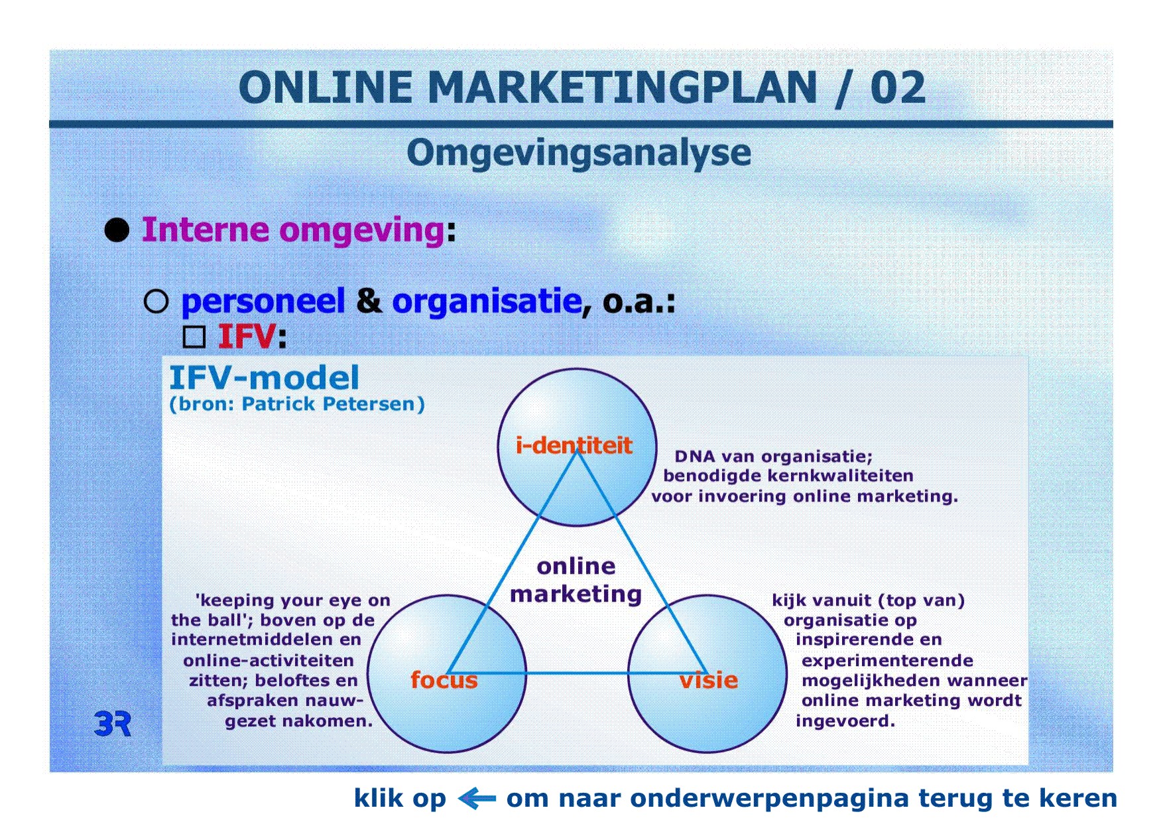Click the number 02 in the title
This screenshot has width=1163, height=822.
tap(898, 88)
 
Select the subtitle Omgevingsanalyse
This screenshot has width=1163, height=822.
tap(579, 153)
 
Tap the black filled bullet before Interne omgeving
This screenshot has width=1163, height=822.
tap(117, 230)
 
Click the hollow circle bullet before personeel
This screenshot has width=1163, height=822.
tap(156, 302)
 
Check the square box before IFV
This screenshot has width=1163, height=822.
tap(194, 336)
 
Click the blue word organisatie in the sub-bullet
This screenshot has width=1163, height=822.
tap(487, 301)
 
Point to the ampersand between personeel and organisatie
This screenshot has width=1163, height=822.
tap(369, 301)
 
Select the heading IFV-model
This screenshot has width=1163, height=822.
tap(264, 377)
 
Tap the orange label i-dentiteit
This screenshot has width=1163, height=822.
tap(574, 445)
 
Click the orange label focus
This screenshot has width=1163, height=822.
tap(444, 680)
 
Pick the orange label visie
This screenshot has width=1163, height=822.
tap(708, 680)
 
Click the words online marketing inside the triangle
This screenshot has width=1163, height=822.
tap(576, 580)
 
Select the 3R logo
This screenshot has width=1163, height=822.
tap(113, 724)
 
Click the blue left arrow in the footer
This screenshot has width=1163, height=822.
tap(477, 798)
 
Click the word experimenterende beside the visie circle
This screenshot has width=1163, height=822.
tap(887, 661)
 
